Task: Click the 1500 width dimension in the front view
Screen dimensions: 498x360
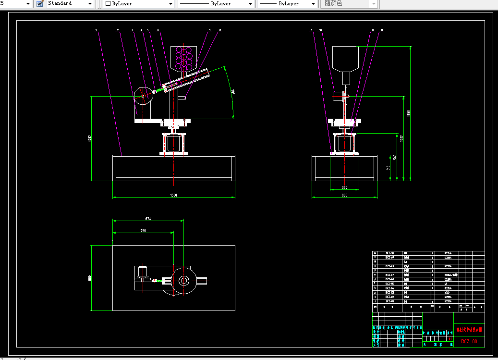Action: coord(173,195)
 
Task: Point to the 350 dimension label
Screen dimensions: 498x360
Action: coord(344,187)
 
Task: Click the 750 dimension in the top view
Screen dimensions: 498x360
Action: coord(143,231)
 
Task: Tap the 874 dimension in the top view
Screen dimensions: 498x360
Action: coord(148,219)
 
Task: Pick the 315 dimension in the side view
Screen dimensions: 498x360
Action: coord(388,168)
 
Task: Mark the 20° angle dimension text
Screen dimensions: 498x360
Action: coord(232,91)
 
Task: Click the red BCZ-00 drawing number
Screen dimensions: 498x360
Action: coord(469,341)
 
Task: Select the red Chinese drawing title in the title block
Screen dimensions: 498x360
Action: coord(469,330)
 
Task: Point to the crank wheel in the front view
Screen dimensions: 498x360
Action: coord(143,96)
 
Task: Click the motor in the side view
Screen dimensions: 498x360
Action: coord(339,96)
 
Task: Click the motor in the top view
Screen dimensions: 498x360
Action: coord(143,273)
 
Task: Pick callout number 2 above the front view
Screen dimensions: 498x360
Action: coord(118,30)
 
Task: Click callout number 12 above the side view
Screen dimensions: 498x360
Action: coord(382,30)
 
